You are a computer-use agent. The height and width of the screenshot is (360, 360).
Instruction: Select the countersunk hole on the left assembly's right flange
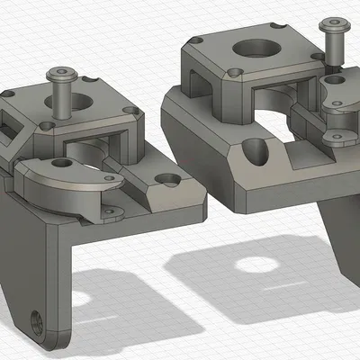[168, 178]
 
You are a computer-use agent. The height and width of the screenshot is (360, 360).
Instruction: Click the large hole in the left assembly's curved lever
[61, 164]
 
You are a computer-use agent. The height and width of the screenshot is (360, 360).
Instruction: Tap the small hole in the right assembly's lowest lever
[338, 138]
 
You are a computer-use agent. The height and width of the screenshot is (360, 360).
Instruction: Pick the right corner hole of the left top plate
[132, 112]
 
